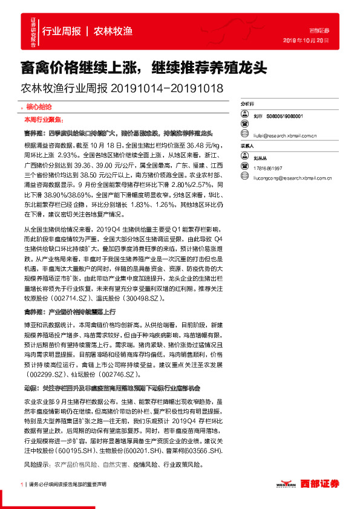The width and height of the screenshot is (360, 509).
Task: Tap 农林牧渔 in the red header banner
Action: pyautogui.click(x=113, y=31)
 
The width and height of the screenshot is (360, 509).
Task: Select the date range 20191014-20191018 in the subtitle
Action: pyautogui.click(x=167, y=89)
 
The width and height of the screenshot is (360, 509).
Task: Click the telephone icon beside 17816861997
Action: pyautogui.click(x=245, y=168)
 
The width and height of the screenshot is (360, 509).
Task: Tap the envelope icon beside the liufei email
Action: pyautogui.click(x=245, y=137)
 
